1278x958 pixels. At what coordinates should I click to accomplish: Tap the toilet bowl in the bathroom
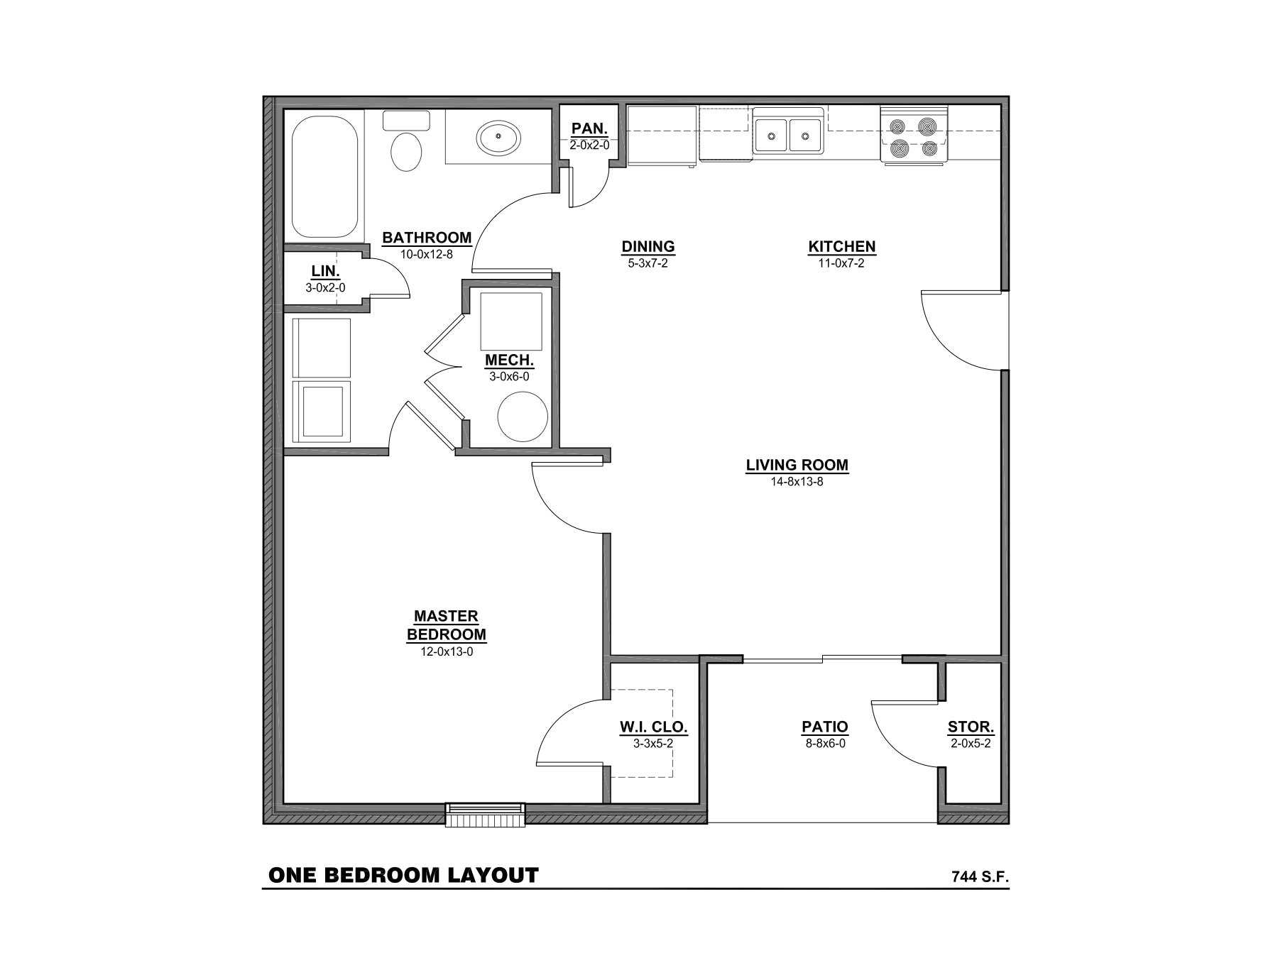click(x=405, y=151)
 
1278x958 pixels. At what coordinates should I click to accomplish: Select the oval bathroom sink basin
click(x=497, y=139)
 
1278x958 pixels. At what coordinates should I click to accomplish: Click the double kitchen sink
click(x=787, y=133)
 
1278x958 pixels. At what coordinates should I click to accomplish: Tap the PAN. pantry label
click(x=589, y=129)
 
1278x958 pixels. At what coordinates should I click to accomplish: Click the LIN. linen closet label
click(x=325, y=272)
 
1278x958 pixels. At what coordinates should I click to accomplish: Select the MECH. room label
click(x=509, y=360)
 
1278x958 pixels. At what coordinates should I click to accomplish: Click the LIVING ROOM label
click(x=797, y=466)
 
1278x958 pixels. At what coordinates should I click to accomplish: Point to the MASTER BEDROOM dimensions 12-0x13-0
click(x=447, y=651)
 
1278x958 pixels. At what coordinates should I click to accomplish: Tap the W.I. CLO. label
click(x=652, y=727)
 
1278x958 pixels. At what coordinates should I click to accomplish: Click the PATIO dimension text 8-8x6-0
click(x=824, y=744)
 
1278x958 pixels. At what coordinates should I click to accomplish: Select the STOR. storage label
click(x=971, y=727)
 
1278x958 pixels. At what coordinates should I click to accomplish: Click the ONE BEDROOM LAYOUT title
click(x=403, y=875)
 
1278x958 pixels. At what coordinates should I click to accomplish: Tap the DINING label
click(x=648, y=247)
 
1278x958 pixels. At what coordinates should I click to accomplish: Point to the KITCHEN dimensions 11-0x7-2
click(x=841, y=263)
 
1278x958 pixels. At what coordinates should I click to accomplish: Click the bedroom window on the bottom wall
click(x=485, y=815)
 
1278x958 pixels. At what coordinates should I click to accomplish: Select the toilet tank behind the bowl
click(x=406, y=120)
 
